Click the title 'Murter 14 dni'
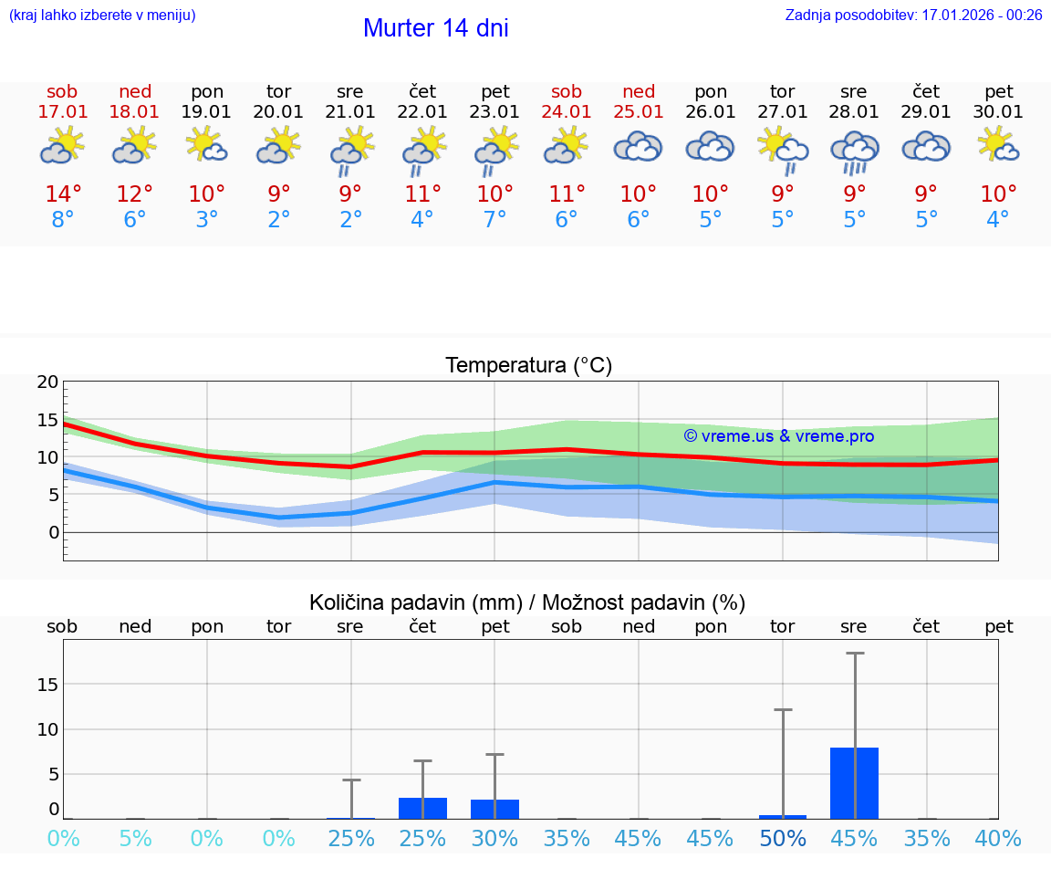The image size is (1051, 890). point(435,28)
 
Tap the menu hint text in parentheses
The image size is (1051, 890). point(102,15)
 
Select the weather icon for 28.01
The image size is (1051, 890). point(854,152)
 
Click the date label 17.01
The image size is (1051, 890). point(63,112)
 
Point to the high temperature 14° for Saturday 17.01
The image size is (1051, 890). point(63,194)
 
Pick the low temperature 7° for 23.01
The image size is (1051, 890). point(494,220)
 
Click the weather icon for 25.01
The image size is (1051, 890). point(638,147)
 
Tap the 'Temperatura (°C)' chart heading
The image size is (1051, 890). point(528,366)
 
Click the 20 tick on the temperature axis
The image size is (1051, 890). point(47,382)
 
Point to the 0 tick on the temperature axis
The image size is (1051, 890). point(53,532)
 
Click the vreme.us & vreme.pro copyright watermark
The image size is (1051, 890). point(778,436)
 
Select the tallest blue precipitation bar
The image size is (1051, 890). point(854,782)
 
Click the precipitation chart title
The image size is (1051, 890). point(527,602)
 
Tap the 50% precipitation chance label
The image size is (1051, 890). point(783,839)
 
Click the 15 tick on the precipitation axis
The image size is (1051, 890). point(47,685)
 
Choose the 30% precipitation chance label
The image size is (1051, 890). point(494,839)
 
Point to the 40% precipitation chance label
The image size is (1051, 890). point(998,839)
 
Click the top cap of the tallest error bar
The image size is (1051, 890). point(854,654)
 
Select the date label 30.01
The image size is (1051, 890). point(998,112)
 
